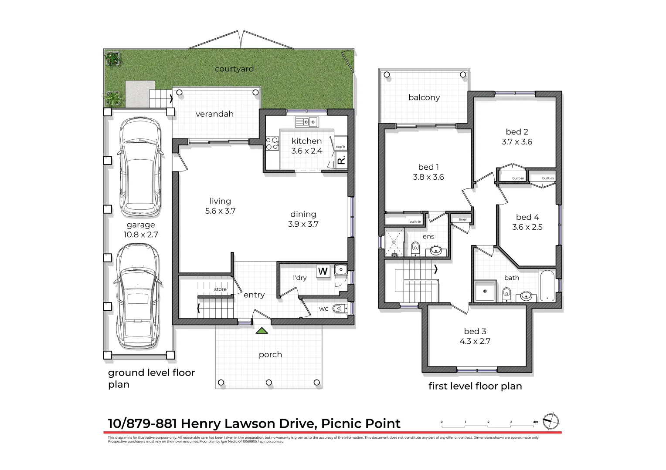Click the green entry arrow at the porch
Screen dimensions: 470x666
click(262, 331)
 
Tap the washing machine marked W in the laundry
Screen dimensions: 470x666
click(323, 271)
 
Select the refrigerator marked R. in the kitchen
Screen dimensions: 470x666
click(341, 161)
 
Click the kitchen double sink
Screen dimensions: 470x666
click(307, 122)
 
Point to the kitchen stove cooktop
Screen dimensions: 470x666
click(272, 144)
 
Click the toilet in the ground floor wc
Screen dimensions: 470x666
click(339, 309)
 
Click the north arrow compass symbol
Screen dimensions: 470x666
click(551, 421)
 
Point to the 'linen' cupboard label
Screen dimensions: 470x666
click(463, 219)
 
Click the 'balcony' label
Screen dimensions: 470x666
click(424, 97)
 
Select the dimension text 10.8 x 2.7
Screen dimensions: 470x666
click(141, 235)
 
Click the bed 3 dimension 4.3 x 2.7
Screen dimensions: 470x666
click(475, 342)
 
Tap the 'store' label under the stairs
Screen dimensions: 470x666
click(220, 289)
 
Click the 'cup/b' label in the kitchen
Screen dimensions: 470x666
click(340, 147)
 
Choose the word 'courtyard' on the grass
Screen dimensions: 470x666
click(234, 69)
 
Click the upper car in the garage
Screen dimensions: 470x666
click(139, 168)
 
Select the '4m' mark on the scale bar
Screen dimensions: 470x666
click(535, 422)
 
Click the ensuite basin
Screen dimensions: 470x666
click(436, 250)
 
